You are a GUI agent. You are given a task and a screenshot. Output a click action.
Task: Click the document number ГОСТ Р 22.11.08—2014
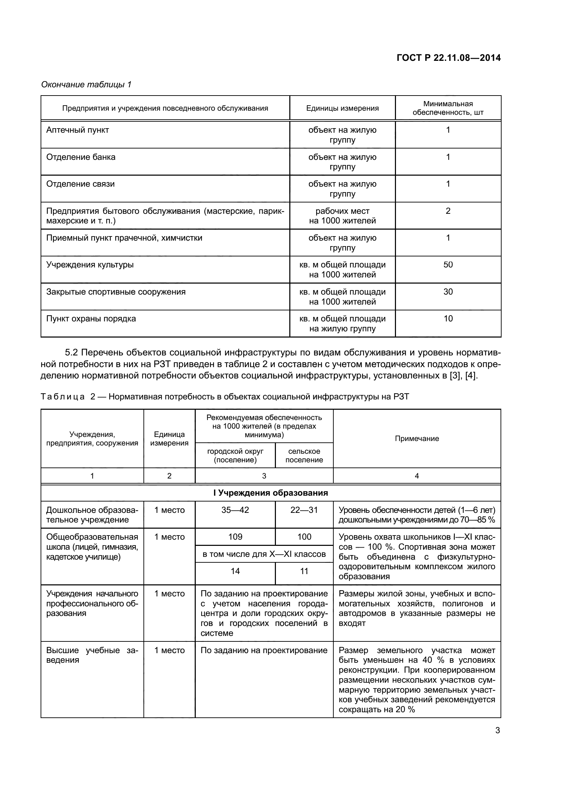coord(448,58)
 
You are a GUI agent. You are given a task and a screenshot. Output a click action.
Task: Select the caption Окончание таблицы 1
coord(86,85)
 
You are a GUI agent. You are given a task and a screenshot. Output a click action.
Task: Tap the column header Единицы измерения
coord(342,108)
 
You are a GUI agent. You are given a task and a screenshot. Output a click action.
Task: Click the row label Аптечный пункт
coord(78,130)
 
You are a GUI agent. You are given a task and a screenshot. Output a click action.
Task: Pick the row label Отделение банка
coord(81,157)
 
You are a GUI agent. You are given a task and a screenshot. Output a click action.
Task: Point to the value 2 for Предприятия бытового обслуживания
coord(448,211)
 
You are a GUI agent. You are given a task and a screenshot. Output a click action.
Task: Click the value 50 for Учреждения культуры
coord(448,265)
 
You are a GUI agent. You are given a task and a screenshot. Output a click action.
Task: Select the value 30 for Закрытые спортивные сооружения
coord(448,292)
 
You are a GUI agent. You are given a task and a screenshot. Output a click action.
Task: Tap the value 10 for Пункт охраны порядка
coord(448,319)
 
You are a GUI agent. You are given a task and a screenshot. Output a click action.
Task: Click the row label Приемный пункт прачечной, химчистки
coord(125,238)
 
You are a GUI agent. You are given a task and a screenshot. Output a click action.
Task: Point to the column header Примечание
coord(417,439)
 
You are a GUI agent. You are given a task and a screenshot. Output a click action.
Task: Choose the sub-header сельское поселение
coord(304,455)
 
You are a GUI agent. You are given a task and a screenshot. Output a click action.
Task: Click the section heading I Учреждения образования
coord(270,493)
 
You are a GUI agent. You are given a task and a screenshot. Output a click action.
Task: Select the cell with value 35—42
coord(235,510)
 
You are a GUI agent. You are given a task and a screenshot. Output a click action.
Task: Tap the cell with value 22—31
coord(304,510)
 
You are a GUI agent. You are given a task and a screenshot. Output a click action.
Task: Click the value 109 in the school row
coord(235,537)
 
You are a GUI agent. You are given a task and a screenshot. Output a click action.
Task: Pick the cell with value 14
coord(235,571)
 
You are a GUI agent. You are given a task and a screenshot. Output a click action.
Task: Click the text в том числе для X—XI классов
coord(264,554)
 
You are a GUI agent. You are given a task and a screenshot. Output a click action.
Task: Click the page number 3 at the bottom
coord(497,730)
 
